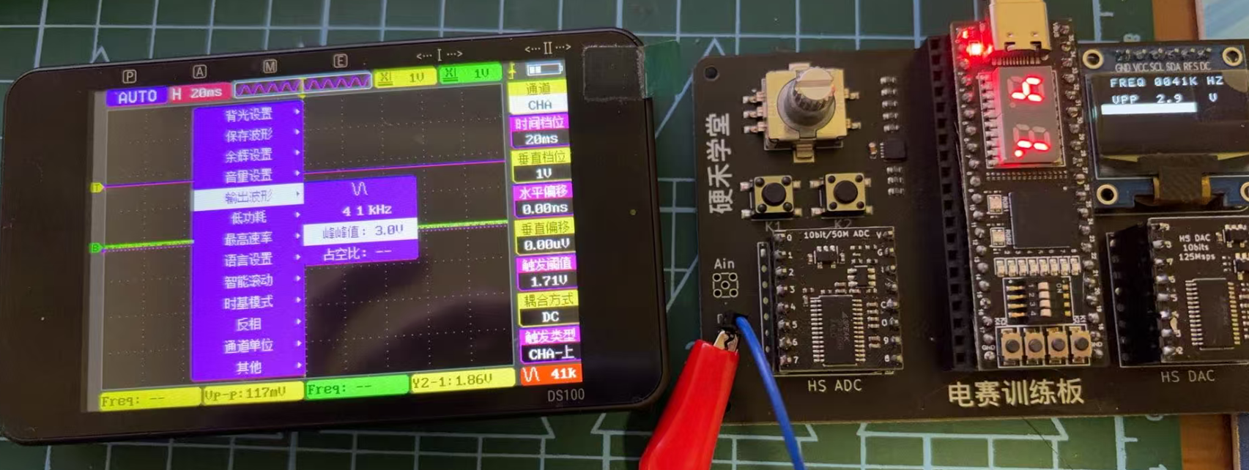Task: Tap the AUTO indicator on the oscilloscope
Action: click(x=137, y=97)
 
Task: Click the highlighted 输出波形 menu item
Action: click(x=248, y=196)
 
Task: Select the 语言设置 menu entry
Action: click(x=248, y=260)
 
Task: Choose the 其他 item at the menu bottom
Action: click(x=248, y=367)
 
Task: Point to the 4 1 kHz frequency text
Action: click(x=367, y=210)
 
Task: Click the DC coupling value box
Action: click(x=549, y=317)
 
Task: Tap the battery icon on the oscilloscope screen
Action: click(x=544, y=70)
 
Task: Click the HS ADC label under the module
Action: click(x=834, y=385)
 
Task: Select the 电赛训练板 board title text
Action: click(x=1015, y=393)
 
